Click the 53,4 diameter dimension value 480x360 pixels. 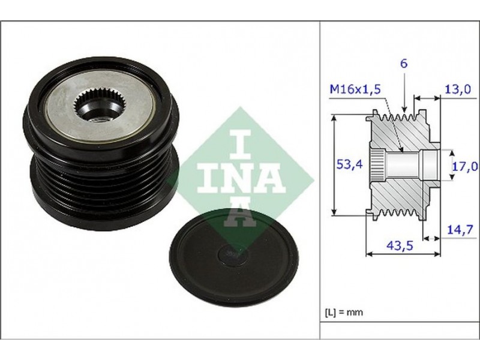[349, 164]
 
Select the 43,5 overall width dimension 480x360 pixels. [400, 245]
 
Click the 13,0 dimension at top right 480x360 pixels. [457, 89]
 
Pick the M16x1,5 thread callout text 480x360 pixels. [355, 89]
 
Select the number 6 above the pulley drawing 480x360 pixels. [404, 64]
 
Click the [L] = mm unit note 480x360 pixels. [344, 313]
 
